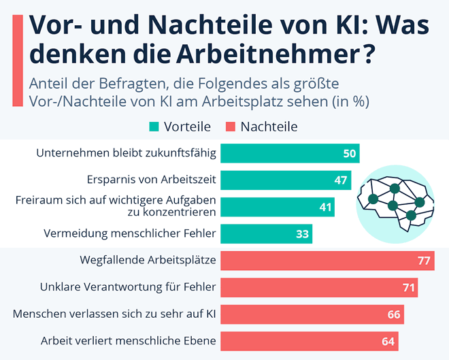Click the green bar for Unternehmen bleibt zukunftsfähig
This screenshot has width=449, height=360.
point(289,153)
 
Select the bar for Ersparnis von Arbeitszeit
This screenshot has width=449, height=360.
point(286,180)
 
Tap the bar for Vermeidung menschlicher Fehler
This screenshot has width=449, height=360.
point(265,234)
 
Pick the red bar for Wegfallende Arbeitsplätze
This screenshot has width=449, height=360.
point(327,261)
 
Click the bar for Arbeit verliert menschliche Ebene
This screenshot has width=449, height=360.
point(309,340)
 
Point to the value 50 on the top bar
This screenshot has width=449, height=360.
point(350,154)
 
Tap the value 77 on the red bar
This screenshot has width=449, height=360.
point(424,261)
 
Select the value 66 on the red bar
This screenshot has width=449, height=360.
point(393,314)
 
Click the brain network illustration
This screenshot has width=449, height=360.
point(395,201)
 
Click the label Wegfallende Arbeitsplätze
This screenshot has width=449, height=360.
point(148,261)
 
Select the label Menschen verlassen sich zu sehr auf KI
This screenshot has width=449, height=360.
point(115,314)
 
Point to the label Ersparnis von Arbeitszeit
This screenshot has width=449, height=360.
point(152,180)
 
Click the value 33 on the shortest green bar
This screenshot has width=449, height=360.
point(303,234)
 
